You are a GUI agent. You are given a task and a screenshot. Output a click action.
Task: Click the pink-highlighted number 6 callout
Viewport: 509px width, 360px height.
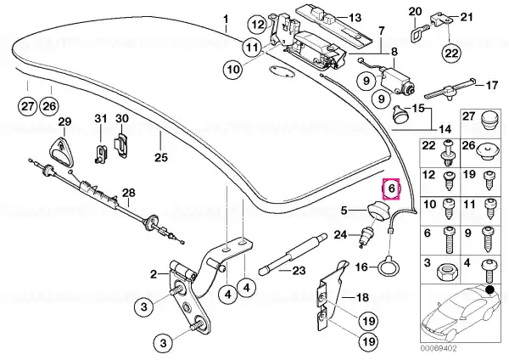(391, 188)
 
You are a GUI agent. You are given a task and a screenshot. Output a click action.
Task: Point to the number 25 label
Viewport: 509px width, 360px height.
(161, 158)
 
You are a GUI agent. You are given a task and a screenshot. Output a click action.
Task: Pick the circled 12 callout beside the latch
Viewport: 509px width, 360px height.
(259, 25)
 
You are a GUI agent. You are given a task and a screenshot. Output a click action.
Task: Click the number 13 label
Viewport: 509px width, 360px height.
(355, 17)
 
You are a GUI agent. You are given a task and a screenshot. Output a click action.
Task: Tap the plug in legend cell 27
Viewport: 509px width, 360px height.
(488, 121)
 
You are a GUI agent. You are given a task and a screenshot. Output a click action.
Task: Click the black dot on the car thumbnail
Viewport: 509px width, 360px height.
(489, 289)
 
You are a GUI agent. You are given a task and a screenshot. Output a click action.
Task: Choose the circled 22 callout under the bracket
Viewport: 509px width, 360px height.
(451, 53)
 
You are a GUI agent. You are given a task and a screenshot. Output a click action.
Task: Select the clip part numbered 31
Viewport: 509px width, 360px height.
(101, 153)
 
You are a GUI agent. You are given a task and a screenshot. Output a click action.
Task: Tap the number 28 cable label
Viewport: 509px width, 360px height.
(128, 193)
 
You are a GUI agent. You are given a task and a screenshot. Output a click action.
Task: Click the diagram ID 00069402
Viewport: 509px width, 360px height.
(439, 349)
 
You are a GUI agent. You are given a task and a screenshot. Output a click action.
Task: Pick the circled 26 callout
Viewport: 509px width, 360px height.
(49, 106)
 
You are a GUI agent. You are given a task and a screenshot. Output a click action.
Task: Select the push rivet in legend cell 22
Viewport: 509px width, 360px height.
(447, 152)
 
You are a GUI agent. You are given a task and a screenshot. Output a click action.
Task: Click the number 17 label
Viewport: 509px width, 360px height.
(491, 85)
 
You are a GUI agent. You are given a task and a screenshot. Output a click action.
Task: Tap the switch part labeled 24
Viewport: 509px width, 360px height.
(365, 236)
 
